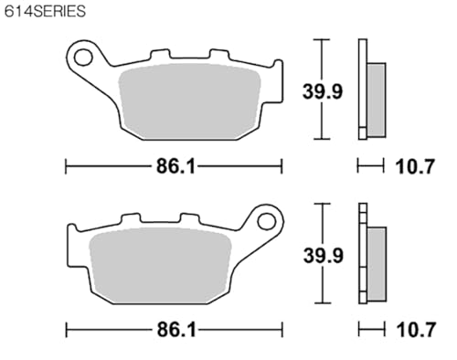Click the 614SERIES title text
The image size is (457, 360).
click(x=45, y=11)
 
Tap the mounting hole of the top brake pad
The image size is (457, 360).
click(x=83, y=58)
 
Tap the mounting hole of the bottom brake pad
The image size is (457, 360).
click(x=266, y=221)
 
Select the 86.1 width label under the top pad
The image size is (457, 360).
click(x=175, y=167)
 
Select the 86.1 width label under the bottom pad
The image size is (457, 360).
click(x=176, y=330)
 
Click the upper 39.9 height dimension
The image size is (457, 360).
click(x=323, y=91)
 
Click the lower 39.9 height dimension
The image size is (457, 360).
click(x=324, y=256)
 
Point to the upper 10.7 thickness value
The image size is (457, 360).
click(x=415, y=167)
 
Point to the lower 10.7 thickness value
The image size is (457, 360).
click(x=416, y=330)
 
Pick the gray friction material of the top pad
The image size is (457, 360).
click(x=190, y=101)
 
